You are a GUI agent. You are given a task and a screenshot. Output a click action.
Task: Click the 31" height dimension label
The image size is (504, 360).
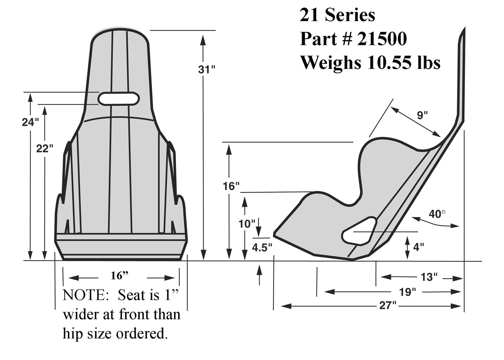point(206,70)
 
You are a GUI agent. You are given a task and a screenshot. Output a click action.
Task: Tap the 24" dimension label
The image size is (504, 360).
point(30,122)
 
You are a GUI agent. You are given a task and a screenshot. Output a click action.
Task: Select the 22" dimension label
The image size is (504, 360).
point(44,148)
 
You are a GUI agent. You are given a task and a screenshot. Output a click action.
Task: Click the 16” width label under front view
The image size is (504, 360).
point(120,276)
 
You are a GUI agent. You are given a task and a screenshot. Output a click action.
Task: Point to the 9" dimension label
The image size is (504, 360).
point(422,115)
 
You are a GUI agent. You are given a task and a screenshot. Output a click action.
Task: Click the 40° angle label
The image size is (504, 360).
point(437,214)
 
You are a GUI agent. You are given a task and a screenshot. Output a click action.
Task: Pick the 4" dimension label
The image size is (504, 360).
point(418,247)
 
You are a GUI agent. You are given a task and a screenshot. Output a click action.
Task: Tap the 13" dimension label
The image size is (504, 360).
point(429,277)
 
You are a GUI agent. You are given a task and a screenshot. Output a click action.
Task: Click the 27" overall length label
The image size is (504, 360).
point(388,306)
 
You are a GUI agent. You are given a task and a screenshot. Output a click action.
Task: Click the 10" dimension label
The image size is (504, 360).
point(246,224)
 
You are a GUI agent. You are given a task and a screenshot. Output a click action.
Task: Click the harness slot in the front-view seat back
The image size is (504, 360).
point(119,99)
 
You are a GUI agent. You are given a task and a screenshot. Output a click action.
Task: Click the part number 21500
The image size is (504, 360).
point(382,39)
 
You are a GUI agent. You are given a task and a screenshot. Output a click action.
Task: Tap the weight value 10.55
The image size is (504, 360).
point(388,62)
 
